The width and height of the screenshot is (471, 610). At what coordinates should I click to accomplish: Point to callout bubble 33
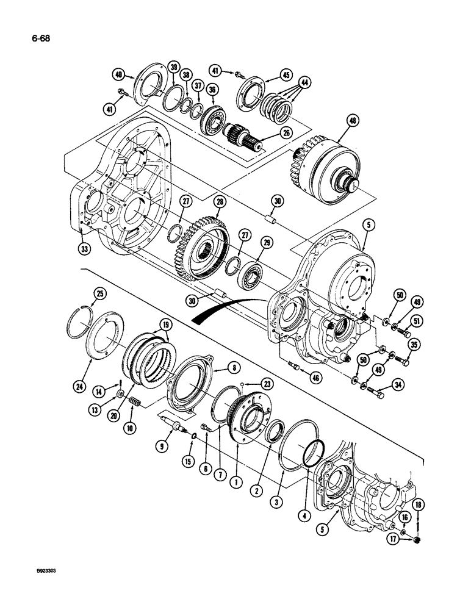[x=84, y=248]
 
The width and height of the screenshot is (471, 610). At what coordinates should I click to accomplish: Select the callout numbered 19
[x=165, y=323]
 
